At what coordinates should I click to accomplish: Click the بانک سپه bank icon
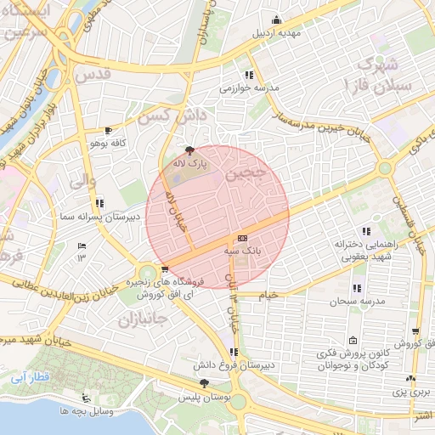pos(242,239)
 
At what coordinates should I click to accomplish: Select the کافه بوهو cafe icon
pos(107,130)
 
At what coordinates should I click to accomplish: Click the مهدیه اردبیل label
pos(274,34)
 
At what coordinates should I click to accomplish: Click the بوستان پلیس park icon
pos(202,384)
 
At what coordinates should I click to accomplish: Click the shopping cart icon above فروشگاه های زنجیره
pos(152,269)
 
